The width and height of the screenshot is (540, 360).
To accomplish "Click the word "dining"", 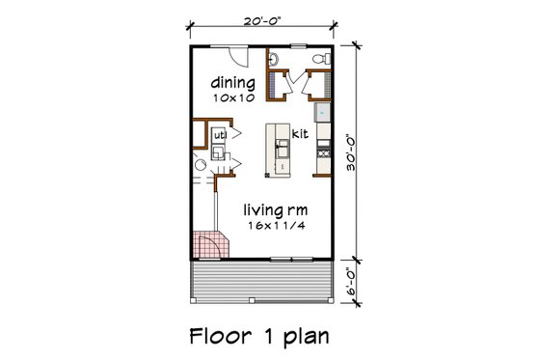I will tap(232, 84).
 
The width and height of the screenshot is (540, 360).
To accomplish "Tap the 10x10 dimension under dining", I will tap(232, 97).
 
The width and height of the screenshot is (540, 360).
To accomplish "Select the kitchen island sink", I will tap(282, 148).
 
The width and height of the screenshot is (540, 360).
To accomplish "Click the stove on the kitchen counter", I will tap(325, 152).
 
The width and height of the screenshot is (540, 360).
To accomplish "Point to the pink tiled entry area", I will tap(209, 245).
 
